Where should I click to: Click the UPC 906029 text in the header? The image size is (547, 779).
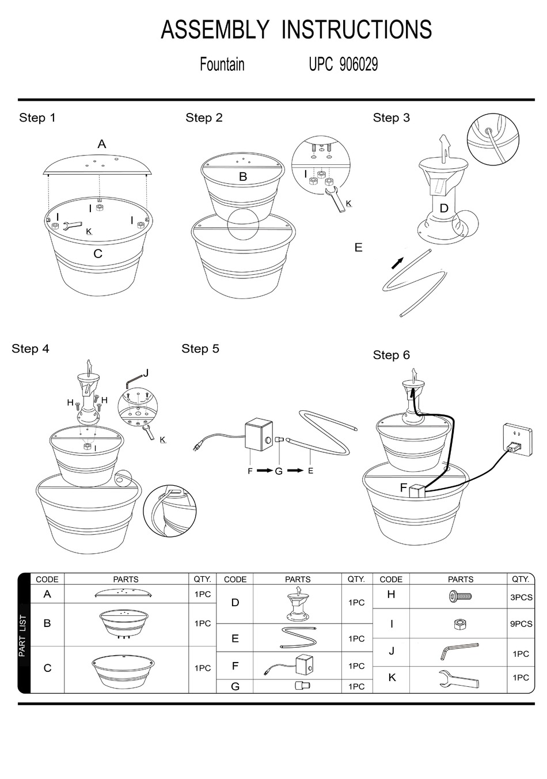(343, 64)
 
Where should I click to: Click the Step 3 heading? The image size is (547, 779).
(391, 118)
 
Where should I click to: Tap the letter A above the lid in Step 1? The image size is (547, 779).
(102, 144)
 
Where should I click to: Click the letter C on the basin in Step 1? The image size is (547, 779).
(97, 254)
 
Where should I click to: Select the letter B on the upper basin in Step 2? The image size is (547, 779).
(243, 177)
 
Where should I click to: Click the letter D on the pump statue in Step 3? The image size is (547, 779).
(444, 209)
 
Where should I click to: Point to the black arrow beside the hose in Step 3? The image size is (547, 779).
(397, 263)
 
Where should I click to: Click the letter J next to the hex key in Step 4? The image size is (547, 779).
(146, 373)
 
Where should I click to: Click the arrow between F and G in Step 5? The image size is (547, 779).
(264, 471)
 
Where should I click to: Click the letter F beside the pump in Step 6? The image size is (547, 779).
(404, 488)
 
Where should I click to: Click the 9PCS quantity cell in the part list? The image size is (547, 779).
(521, 624)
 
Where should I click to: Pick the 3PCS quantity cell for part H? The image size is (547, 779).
(521, 598)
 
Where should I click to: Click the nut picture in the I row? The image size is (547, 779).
(460, 625)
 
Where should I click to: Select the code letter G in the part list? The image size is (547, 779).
(235, 686)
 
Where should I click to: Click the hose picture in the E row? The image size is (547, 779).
(298, 638)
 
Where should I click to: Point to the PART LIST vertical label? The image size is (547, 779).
(23, 636)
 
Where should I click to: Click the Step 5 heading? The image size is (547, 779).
(200, 349)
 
